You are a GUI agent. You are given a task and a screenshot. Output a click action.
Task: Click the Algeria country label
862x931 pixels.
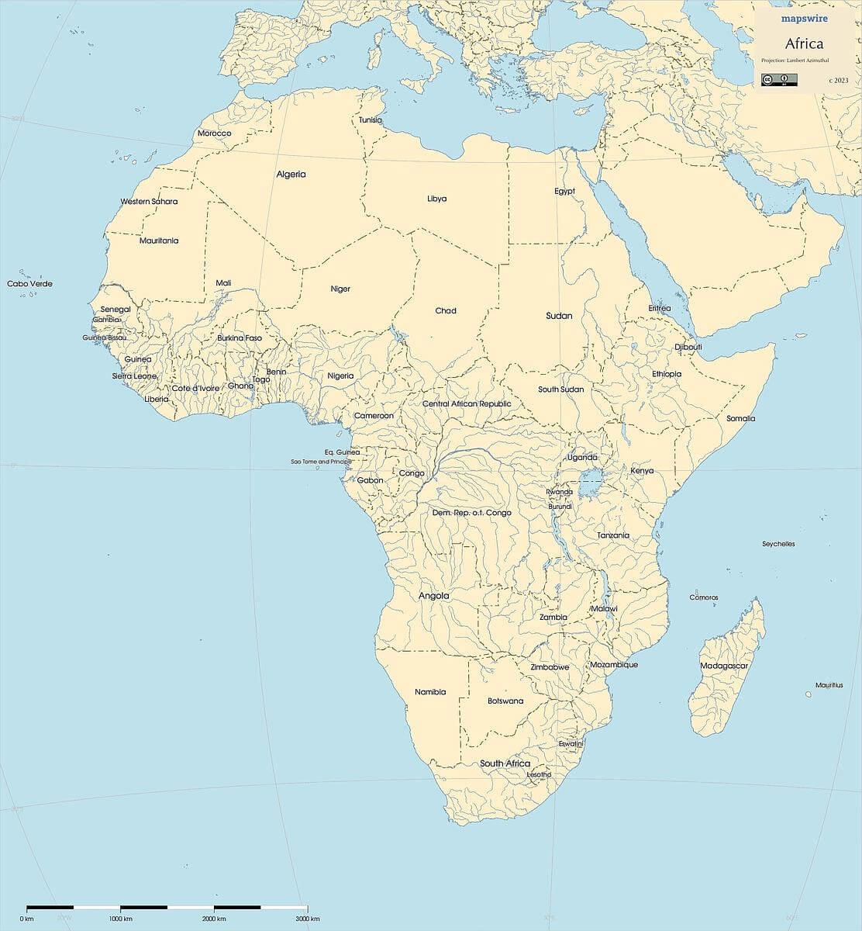(291, 175)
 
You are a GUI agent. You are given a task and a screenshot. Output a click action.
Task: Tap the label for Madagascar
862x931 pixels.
(723, 666)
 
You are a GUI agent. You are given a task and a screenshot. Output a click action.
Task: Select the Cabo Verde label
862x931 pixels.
(29, 284)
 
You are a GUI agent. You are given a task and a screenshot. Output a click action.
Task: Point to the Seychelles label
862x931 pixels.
(778, 545)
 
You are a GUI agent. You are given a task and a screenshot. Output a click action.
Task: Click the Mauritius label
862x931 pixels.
(829, 686)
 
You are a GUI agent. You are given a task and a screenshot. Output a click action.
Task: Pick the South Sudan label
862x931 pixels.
(561, 389)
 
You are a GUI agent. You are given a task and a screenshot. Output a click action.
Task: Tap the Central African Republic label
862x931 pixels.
(467, 404)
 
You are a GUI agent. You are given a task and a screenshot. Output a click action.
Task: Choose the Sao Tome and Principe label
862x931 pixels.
(320, 462)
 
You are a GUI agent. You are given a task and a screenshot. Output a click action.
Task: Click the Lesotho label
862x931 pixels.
(539, 774)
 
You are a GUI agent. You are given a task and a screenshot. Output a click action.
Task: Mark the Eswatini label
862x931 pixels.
(571, 744)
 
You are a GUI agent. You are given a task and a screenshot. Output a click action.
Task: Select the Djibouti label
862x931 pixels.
(688, 347)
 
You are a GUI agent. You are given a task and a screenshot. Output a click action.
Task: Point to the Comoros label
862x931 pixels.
(704, 597)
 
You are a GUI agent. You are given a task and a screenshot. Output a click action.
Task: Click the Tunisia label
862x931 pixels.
(370, 120)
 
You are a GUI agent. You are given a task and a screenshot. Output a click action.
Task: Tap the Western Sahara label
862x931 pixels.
(149, 202)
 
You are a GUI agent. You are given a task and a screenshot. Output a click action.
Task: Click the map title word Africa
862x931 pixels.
(804, 43)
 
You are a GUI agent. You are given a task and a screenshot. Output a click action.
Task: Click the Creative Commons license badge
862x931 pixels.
(779, 79)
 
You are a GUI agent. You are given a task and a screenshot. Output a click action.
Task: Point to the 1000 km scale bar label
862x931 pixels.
(121, 919)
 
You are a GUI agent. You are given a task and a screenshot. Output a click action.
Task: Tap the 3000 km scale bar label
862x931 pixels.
(308, 919)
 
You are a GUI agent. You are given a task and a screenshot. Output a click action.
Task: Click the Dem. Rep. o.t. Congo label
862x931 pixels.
(471, 513)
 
